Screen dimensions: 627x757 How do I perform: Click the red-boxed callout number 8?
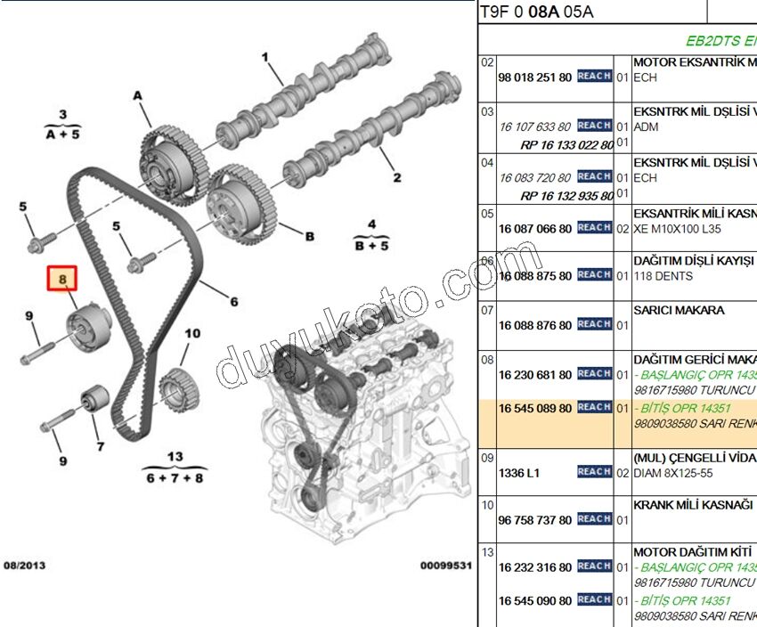[x=62, y=280]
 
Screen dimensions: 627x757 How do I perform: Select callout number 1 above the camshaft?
[x=265, y=59]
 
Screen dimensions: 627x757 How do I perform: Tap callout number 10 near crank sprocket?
[x=192, y=334]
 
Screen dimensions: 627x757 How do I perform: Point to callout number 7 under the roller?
[x=100, y=446]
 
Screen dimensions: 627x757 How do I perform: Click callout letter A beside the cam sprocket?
[x=138, y=95]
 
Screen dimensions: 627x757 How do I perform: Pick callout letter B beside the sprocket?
[x=309, y=236]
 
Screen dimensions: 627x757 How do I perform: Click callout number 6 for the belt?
[x=233, y=302]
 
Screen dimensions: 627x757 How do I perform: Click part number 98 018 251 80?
[x=534, y=77]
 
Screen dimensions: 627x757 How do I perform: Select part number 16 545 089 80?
[x=534, y=407]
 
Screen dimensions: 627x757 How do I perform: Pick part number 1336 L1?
[x=519, y=473]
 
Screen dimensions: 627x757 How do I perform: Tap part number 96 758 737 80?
[x=534, y=520]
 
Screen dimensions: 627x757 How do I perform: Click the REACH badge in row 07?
[x=594, y=325]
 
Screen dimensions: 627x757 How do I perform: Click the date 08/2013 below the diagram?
[x=24, y=566]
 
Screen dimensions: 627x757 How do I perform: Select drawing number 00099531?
[x=446, y=566]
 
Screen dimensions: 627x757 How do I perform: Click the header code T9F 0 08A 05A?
[x=536, y=12]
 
